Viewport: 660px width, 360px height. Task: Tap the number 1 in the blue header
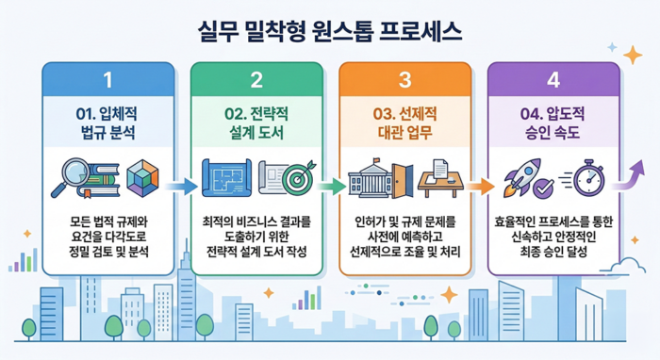tap(107, 78)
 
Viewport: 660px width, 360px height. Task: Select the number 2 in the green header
tap(256, 78)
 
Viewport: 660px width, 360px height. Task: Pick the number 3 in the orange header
tap(404, 78)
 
